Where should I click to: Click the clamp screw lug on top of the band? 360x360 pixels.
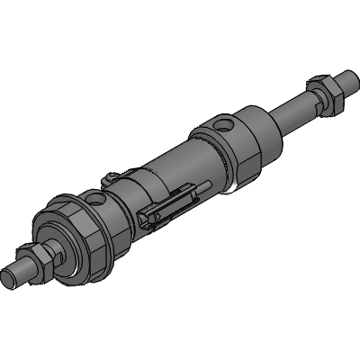click(x=110, y=177)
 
